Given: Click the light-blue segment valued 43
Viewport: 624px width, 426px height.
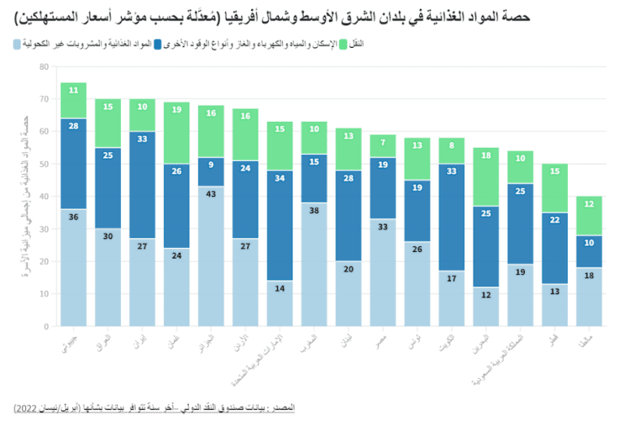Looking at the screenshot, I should [x=212, y=256].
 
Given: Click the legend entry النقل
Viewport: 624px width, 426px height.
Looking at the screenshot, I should [x=356, y=41].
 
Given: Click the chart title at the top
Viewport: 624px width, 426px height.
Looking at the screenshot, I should [x=311, y=14].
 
